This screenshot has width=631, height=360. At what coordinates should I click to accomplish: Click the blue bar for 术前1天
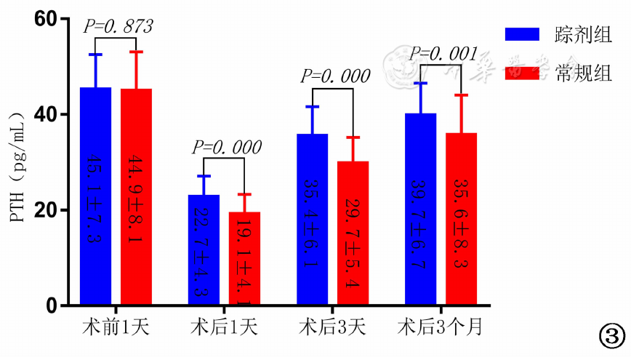point(95,196)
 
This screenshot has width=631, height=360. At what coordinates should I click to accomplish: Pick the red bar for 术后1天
point(244,258)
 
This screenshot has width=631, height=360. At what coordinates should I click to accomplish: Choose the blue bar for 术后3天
point(312,219)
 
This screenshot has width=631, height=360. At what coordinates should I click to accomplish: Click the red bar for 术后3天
point(353,233)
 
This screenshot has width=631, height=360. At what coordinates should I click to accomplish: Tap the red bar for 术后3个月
point(461,219)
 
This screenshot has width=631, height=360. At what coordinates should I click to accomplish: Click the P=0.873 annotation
point(118,27)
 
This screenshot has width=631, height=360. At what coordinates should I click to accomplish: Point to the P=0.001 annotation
point(443,54)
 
